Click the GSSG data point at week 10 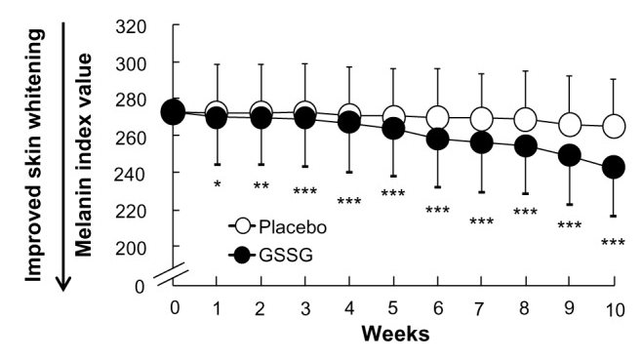(614, 167)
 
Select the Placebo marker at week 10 (614, 126)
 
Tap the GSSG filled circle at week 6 (437, 139)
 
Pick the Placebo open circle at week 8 (525, 120)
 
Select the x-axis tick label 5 (393, 306)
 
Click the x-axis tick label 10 (614, 306)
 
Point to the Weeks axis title (393, 335)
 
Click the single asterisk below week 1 (217, 184)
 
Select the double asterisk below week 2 (261, 186)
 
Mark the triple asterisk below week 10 (613, 243)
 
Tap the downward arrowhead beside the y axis (61, 283)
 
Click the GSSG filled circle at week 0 (173, 112)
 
